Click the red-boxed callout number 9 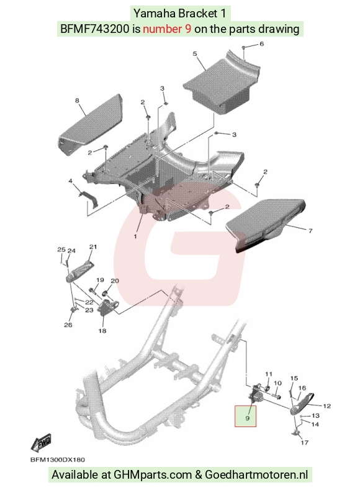click(248, 418)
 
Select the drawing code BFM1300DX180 click(57, 459)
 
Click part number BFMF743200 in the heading click(94, 29)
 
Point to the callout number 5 click(195, 54)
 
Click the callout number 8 click(262, 44)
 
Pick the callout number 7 click(310, 230)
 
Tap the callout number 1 click(135, 237)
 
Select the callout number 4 click(71, 181)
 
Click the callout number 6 click(262, 44)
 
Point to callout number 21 click(93, 247)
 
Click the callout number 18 click(102, 331)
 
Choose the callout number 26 click(68, 325)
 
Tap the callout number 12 click(326, 406)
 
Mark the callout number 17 click(305, 442)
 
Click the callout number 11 click(269, 374)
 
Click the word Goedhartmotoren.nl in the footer click(256, 475)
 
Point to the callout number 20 click(115, 281)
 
